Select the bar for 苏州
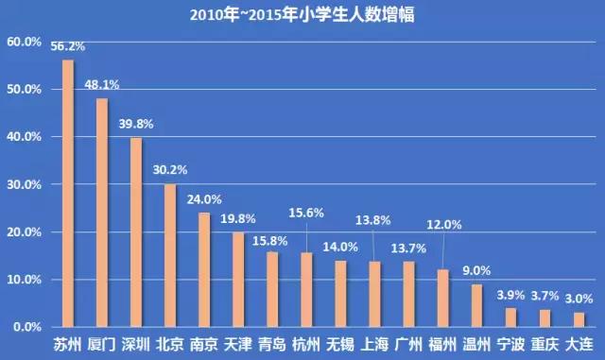[68, 194]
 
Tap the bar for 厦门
[102, 213]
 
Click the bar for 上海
[374, 294]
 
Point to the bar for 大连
[579, 319]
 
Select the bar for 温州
[476, 305]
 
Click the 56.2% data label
[68, 46]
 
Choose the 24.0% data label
[203, 199]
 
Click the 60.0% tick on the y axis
[24, 43]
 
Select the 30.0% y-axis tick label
[24, 185]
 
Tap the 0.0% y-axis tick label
[26, 327]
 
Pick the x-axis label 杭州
[306, 345]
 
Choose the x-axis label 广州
[408, 345]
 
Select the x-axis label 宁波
[510, 345]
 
